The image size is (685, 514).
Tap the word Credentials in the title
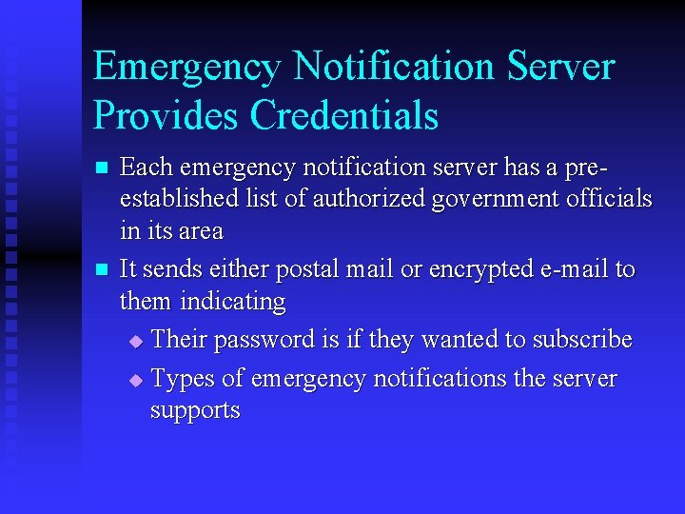344,114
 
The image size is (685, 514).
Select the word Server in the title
561,67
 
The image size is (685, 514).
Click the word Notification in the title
394,67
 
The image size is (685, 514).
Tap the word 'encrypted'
480,270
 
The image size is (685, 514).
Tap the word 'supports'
195,411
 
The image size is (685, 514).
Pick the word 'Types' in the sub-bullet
183,379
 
